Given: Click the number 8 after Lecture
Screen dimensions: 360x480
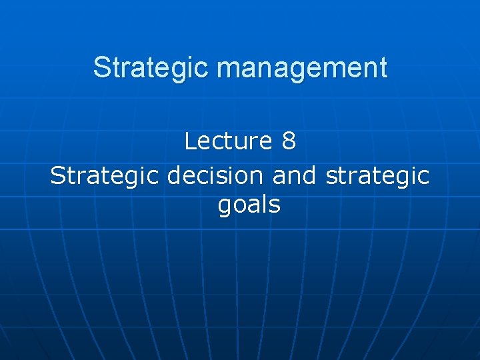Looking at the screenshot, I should [x=289, y=141].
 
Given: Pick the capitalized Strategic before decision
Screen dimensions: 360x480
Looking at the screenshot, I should [x=105, y=175].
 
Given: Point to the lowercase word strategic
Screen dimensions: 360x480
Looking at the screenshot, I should [x=377, y=175].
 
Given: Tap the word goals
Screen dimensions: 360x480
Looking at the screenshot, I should [x=249, y=205].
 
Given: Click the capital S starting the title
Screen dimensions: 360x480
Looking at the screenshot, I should [x=101, y=68].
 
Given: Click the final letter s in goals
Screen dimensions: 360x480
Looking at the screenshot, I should [x=275, y=205].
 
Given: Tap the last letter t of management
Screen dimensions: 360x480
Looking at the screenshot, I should [x=383, y=68].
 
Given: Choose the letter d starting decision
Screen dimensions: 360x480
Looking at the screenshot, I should [x=174, y=175].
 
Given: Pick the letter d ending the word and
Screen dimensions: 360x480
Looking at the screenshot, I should [x=311, y=175].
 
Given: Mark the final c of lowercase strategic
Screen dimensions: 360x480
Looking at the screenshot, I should [x=424, y=177].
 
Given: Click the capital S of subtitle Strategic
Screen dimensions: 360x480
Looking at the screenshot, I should [x=57, y=175].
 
